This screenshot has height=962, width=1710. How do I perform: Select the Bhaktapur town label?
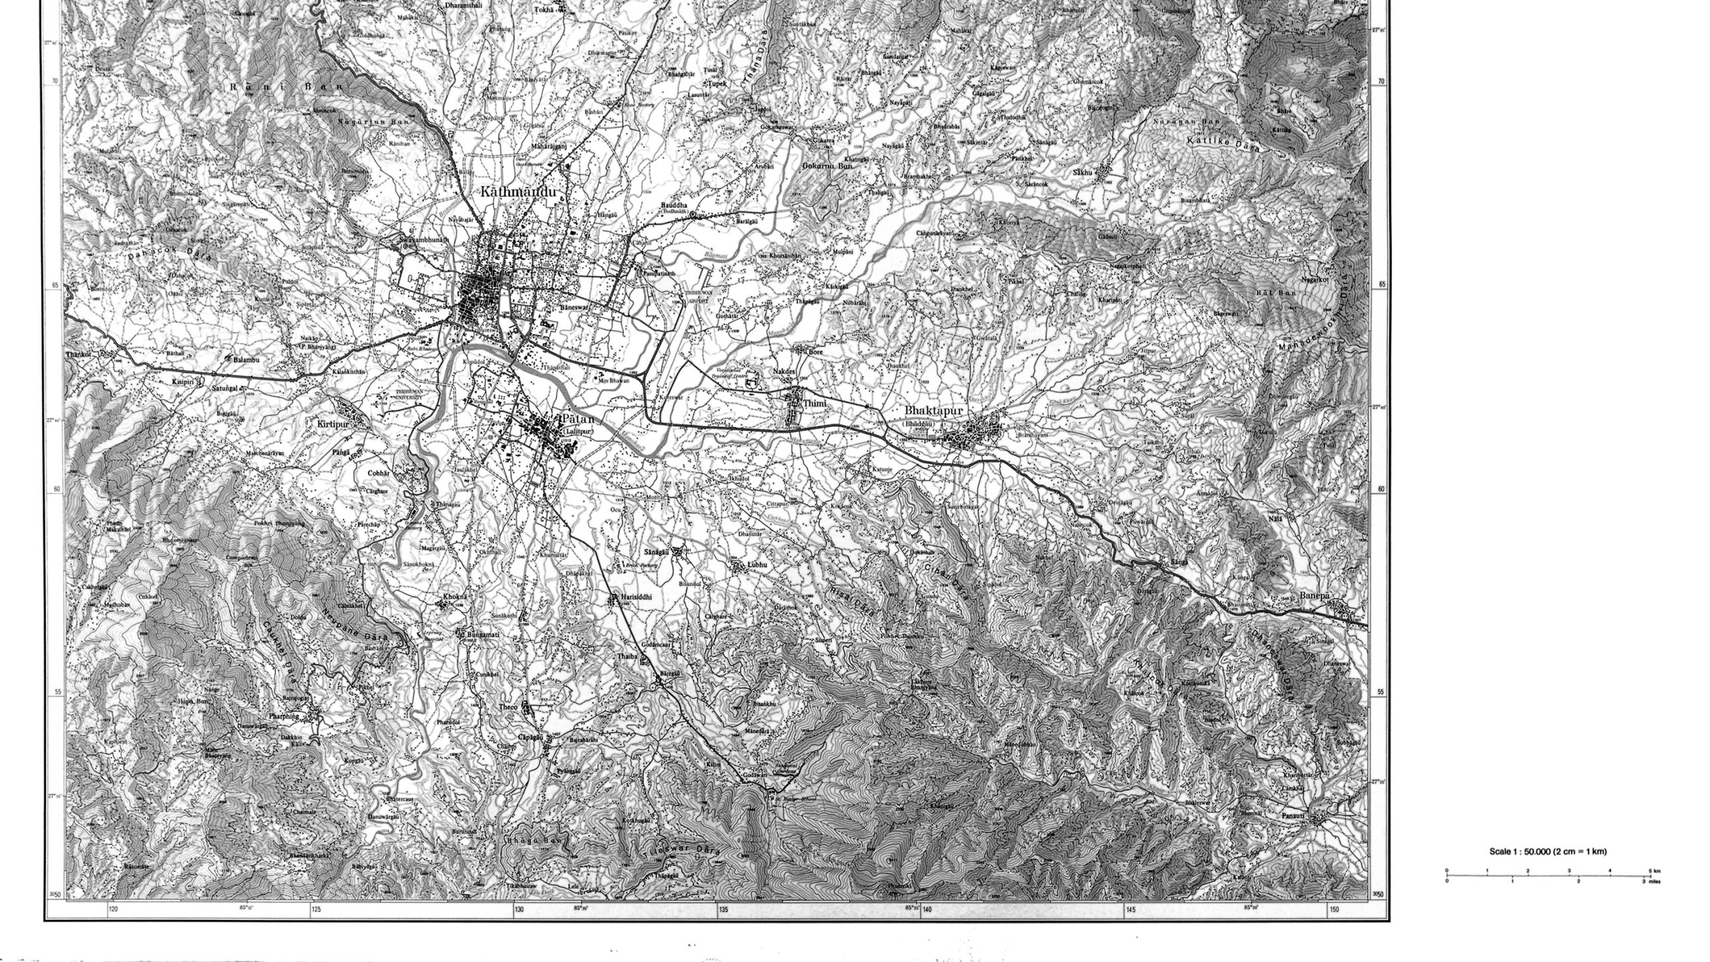(933, 411)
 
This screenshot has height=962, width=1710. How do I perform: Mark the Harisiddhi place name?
(635, 595)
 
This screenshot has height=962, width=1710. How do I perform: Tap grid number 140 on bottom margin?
(927, 909)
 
